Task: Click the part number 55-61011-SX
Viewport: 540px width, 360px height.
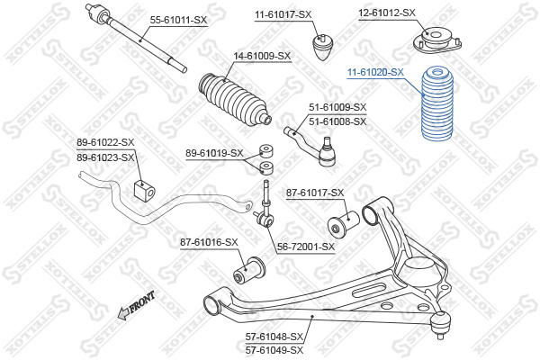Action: click(x=178, y=20)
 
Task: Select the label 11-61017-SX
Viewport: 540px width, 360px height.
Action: click(x=283, y=14)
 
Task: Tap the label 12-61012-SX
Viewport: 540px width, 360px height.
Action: click(x=387, y=13)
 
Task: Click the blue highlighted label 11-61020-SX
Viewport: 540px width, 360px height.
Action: click(x=375, y=72)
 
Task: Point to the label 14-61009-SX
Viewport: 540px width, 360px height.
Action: click(x=262, y=56)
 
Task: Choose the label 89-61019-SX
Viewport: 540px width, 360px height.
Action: click(x=214, y=153)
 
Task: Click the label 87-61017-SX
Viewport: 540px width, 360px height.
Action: click(x=315, y=193)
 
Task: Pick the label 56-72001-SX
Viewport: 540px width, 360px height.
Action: click(x=306, y=247)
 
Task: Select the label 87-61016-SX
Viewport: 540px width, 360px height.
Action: click(x=209, y=242)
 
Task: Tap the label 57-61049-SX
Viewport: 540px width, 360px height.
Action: click(x=274, y=351)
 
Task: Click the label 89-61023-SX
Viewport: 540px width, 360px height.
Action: click(x=105, y=157)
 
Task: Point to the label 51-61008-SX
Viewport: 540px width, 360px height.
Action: click(x=337, y=121)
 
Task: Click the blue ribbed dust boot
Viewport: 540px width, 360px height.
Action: click(x=437, y=104)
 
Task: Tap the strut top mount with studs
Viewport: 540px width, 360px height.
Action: click(x=437, y=40)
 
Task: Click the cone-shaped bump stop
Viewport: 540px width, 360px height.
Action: click(x=323, y=47)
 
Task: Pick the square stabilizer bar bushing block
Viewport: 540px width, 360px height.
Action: click(x=144, y=191)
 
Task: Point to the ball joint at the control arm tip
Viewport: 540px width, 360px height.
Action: click(x=440, y=323)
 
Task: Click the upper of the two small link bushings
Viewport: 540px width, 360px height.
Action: click(x=266, y=150)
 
